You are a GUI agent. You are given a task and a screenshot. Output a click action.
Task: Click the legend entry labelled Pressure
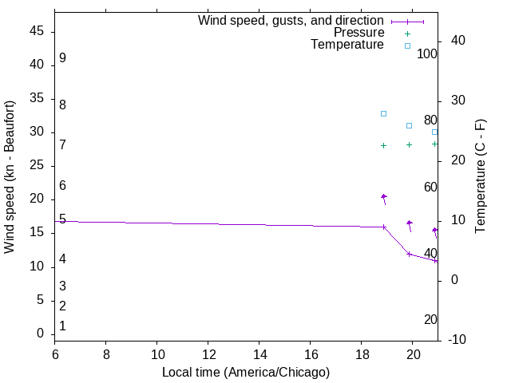pyautogui.click(x=358, y=33)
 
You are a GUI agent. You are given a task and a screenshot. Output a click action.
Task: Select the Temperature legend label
pyautogui.click(x=347, y=45)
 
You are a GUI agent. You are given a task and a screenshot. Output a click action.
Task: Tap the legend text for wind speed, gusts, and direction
pyautogui.click(x=291, y=21)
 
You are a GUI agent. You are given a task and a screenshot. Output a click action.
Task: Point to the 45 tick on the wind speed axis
pyautogui.click(x=37, y=31)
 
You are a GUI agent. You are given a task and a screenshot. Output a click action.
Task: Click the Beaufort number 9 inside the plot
pyautogui.click(x=62, y=58)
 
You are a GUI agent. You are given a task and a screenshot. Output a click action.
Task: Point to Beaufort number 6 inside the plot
pyautogui.click(x=62, y=185)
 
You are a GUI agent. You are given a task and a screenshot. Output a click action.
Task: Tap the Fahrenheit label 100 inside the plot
pyautogui.click(x=427, y=54)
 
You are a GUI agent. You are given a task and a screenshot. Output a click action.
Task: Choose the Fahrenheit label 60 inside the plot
pyautogui.click(x=430, y=187)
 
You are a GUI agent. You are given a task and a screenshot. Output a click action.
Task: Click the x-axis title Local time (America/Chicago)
pyautogui.click(x=246, y=372)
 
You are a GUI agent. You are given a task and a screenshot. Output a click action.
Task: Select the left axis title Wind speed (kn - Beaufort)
pyautogui.click(x=10, y=177)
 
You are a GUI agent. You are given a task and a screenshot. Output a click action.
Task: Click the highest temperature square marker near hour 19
pyautogui.click(x=383, y=113)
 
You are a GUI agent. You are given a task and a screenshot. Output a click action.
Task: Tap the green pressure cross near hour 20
pyautogui.click(x=409, y=144)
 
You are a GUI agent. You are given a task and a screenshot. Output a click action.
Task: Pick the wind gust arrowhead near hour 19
pyautogui.click(x=383, y=196)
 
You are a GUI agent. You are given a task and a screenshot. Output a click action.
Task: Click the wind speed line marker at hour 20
pyautogui.click(x=409, y=254)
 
